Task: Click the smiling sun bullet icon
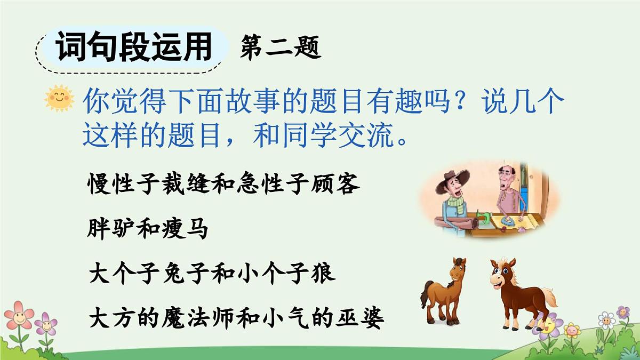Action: click(59, 99)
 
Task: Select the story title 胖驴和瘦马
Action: click(147, 230)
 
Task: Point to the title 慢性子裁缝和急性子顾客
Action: click(223, 186)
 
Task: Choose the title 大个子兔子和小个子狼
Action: click(211, 274)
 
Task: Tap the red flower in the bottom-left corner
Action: click(20, 315)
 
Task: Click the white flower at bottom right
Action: click(606, 320)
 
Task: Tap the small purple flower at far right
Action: click(623, 311)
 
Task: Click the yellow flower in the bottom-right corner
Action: click(572, 330)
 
